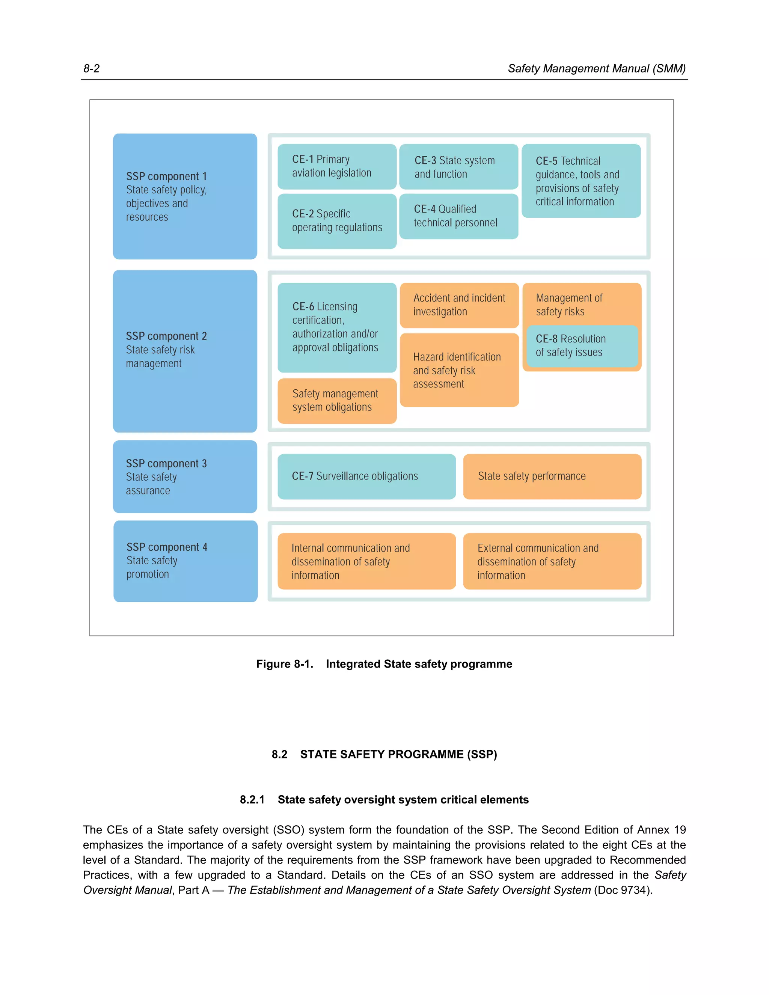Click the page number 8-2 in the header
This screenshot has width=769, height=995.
point(91,69)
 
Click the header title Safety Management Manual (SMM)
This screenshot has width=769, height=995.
point(596,69)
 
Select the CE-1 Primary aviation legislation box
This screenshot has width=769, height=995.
point(337,166)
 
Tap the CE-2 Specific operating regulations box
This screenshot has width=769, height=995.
point(337,221)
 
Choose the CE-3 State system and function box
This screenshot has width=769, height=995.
point(458,167)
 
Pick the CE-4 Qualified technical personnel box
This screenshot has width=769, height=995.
point(458,216)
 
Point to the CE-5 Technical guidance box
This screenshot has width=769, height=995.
point(581,181)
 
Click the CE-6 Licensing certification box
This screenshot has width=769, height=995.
point(337,327)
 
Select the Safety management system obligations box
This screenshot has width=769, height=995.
point(337,401)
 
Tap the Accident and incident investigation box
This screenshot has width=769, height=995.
point(459,305)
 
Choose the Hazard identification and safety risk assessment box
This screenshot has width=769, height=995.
point(459,370)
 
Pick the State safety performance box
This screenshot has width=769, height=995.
point(552,476)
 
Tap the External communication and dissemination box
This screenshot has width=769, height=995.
point(552,561)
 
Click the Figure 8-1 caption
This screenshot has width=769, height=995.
point(384,664)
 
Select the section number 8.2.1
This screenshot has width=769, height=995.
point(252,799)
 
